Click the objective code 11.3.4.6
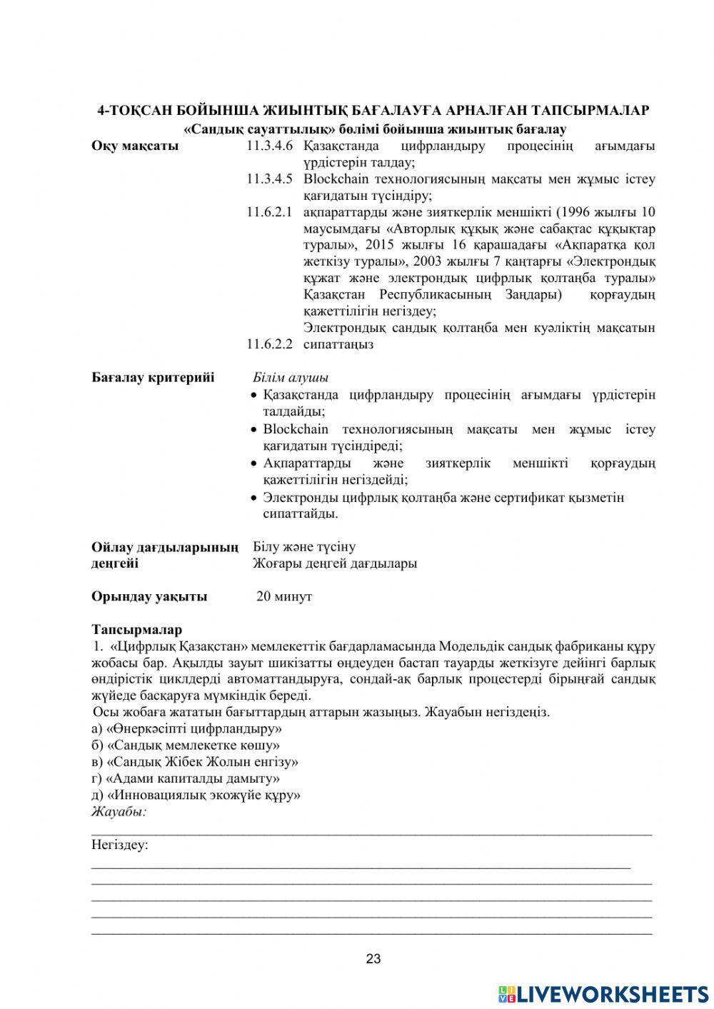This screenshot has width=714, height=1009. pos(270,146)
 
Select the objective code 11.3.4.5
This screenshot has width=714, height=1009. pos(270,179)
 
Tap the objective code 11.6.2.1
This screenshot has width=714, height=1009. pos(270,212)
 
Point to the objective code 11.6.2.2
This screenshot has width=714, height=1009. pos(270,344)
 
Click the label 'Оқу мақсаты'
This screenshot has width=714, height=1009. pos(135,146)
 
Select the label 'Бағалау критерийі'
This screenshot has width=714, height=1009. pos(153,377)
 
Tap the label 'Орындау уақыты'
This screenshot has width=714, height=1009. pos(149,596)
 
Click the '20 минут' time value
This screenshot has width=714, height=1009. pos(284,596)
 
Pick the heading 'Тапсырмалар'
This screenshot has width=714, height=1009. pos(137,630)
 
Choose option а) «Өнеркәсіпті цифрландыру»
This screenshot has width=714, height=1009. pos(186,729)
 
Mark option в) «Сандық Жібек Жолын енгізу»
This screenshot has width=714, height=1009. pos(195,762)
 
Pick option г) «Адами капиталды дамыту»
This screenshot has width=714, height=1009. pos(186,778)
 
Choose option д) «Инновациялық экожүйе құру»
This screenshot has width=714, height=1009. pos(196,795)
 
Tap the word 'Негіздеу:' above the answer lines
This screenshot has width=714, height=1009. pos(120,845)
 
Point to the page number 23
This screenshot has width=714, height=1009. pos(373,959)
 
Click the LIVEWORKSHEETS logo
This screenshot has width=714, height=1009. pos(603,993)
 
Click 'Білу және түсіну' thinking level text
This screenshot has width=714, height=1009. pos(304,547)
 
